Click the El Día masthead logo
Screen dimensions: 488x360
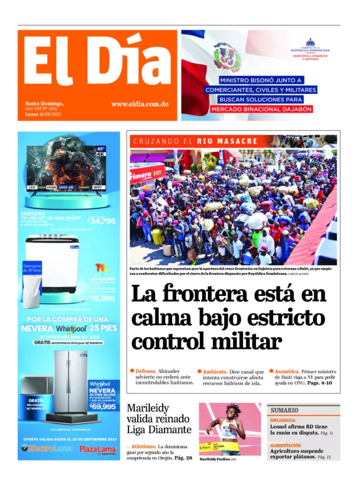pos(97,62)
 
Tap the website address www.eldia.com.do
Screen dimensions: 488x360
pos(140,104)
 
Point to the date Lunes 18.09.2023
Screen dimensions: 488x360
pos(43,114)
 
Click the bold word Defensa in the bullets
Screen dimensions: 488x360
pos(145,371)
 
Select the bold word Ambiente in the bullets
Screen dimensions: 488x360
pos(215,372)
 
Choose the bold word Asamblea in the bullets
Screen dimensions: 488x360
pos(287,371)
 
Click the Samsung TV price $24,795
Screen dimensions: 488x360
pos(102,221)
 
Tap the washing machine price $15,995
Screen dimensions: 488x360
pos(102,298)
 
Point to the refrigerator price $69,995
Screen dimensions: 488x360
pos(103,407)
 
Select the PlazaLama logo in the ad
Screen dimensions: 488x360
pos(97,449)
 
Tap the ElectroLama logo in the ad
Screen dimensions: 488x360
pos(47,448)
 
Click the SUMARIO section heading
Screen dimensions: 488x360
pos(285,410)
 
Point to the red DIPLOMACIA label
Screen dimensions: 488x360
pos(283,420)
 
